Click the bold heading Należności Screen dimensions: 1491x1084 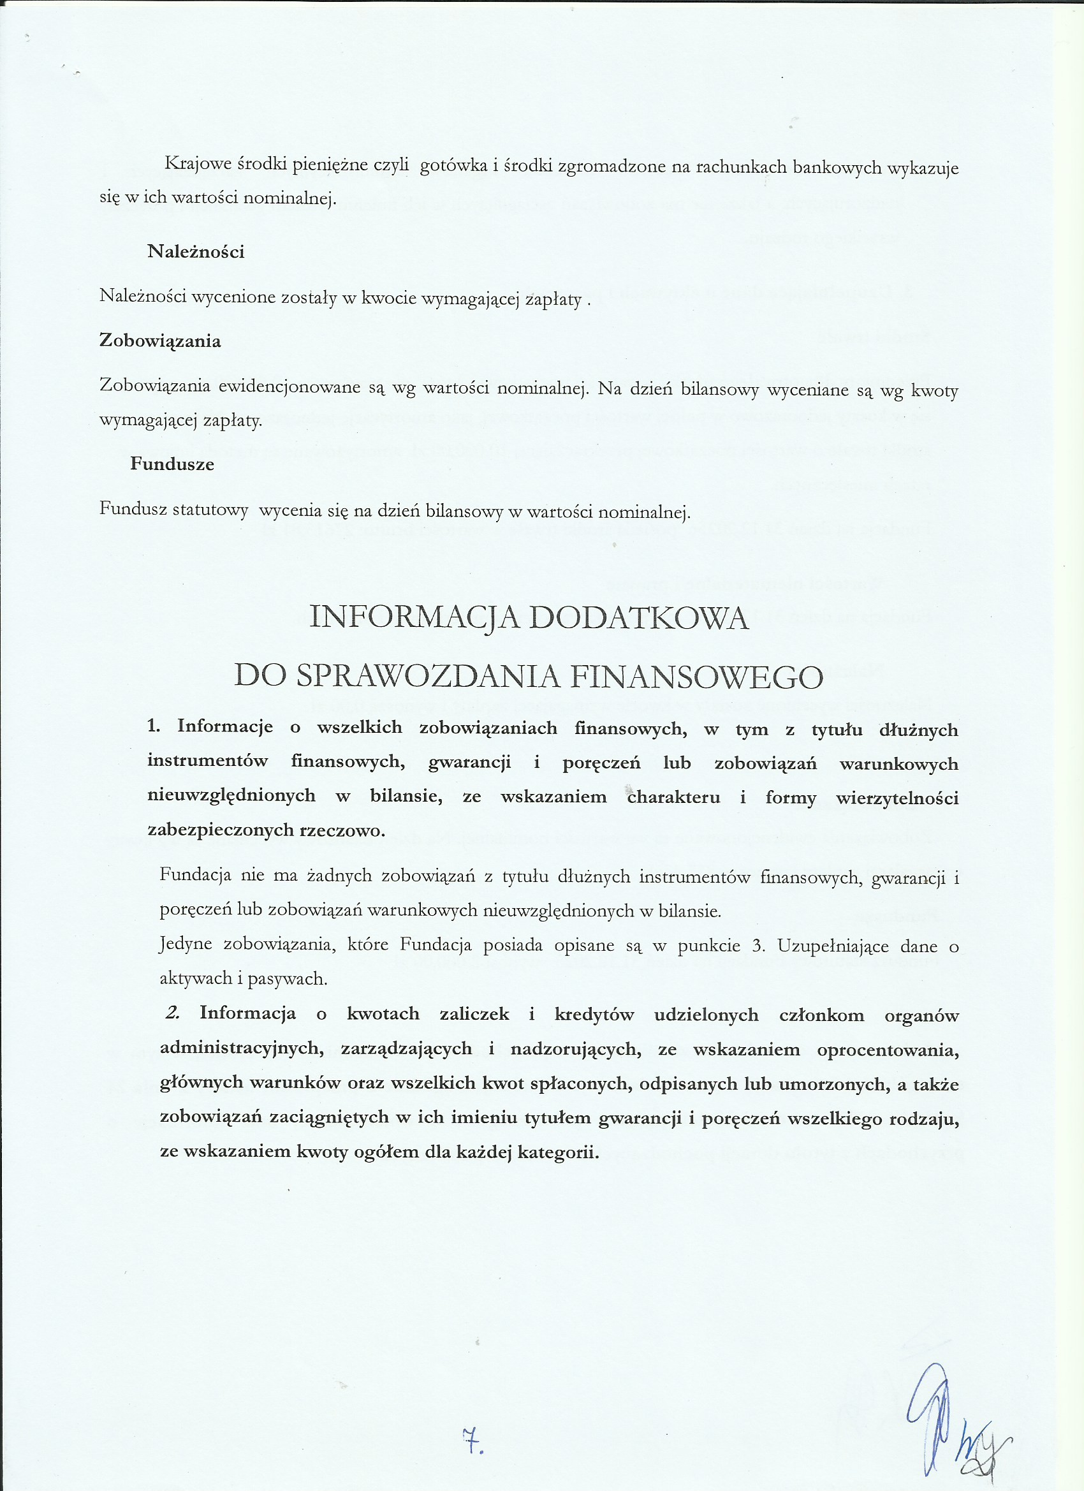(196, 252)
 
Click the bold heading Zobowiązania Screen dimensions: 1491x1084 (160, 341)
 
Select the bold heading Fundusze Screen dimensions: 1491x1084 (172, 464)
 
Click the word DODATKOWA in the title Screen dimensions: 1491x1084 (639, 619)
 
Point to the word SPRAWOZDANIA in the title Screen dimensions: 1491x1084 (427, 676)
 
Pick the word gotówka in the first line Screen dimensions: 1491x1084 (451, 166)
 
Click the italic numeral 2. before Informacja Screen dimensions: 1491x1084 (173, 1013)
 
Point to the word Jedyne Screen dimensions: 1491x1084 (186, 945)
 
